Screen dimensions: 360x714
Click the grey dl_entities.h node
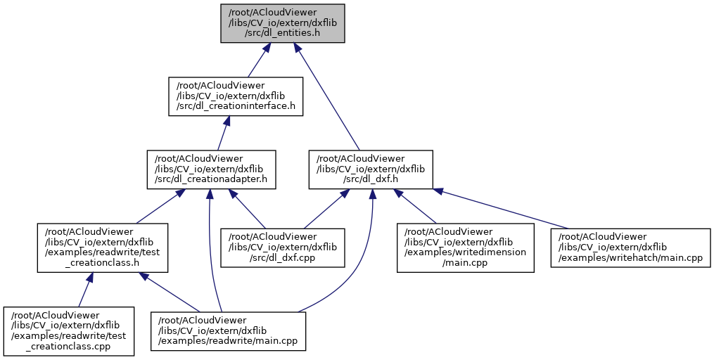coord(282,23)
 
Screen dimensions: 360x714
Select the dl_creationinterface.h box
coord(235,96)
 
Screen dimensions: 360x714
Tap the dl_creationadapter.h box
coord(211,169)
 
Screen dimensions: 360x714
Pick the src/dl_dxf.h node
coord(371,169)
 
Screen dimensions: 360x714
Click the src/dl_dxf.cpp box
coord(283,247)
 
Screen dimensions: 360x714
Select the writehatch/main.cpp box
coord(630,247)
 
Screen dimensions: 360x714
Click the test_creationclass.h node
coord(102,247)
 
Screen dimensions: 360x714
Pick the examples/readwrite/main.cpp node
coord(228,331)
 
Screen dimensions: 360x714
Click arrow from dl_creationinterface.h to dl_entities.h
coord(255,60)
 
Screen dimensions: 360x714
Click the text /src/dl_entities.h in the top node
coord(281,33)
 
